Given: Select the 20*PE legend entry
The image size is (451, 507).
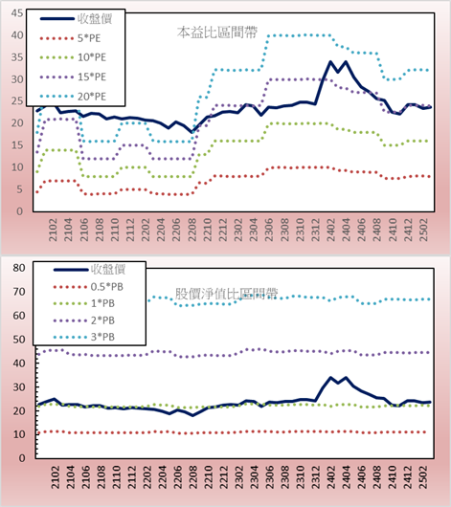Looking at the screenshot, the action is click(73, 97).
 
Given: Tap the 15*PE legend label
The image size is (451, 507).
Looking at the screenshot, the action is click(92, 77).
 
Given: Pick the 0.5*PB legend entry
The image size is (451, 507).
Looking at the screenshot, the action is click(88, 287).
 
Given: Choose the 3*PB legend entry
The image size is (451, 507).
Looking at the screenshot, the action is click(84, 337).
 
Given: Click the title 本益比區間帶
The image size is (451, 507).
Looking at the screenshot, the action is click(217, 33).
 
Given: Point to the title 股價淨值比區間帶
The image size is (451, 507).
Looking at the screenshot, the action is click(226, 294).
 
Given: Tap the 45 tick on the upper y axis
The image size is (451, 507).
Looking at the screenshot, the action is click(17, 13).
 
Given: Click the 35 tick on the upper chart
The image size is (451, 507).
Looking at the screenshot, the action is click(17, 57).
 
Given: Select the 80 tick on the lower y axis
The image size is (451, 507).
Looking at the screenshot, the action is click(19, 268).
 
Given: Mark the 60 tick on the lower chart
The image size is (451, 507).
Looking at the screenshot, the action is click(19, 316).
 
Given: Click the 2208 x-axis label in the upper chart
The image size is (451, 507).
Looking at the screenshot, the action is click(192, 230).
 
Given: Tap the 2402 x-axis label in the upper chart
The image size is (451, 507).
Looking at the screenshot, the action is click(331, 230).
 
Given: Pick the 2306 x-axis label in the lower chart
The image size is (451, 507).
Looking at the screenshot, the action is click(269, 477).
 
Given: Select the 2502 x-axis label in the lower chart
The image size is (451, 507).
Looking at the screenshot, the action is click(424, 477).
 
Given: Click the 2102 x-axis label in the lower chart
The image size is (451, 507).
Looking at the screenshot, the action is click(55, 477).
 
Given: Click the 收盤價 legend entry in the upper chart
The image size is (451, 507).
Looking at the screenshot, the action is click(76, 19).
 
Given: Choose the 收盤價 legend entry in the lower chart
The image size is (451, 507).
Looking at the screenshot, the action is click(89, 270).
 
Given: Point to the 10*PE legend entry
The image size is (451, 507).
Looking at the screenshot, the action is click(73, 57).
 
